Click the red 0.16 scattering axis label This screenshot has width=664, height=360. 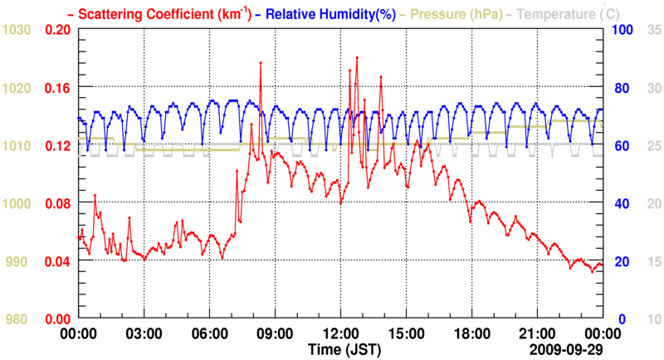pos(57,88)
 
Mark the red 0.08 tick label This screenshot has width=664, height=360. pos(57,203)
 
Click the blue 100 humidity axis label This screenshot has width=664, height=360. pos(622,30)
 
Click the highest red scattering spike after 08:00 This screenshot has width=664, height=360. pos(260,63)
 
